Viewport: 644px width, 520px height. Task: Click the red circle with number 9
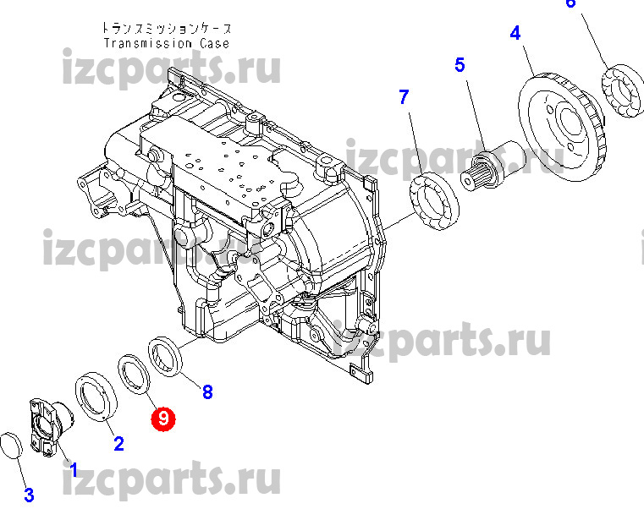coord(163,419)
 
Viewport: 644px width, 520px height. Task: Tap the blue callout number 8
coord(208,392)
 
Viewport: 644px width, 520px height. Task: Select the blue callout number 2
coord(118,444)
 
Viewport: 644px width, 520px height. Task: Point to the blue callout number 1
coord(74,469)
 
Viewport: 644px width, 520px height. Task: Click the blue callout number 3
coord(29,495)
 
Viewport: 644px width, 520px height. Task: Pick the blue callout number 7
coord(405,97)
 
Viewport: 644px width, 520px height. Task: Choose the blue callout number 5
coord(460,65)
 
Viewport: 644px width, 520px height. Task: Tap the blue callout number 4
coord(515,33)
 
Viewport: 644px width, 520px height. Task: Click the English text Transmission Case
coord(167,43)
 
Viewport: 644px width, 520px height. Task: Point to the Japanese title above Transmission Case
coord(167,28)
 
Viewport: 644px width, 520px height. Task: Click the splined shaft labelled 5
coord(493,165)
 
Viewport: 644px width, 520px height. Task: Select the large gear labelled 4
coord(561,126)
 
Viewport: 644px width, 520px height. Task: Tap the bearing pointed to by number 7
coord(434,201)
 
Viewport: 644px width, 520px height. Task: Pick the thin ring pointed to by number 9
coord(135,375)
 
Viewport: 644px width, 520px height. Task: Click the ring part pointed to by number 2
coord(96,397)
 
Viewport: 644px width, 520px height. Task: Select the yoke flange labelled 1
coord(50,427)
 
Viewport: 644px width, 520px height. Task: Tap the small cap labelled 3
coord(11,445)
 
